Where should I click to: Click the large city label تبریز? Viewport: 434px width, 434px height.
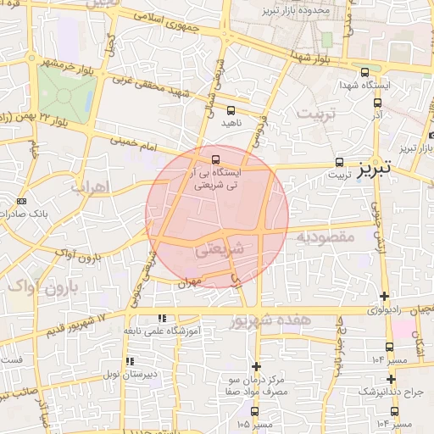pos(376,167)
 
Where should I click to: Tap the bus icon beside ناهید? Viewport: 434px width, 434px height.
pos(231,110)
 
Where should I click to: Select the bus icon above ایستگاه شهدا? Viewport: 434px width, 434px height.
pos(364,73)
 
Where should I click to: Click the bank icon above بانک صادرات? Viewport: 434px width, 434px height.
pos(21,201)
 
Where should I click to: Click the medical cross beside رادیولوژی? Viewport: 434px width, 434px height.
pos(385,297)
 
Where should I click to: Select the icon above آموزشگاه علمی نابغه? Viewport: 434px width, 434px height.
pos(161,318)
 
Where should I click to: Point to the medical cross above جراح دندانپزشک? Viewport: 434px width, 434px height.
pos(391,379)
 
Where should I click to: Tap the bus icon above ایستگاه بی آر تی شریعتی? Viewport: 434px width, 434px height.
pos(215,159)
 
